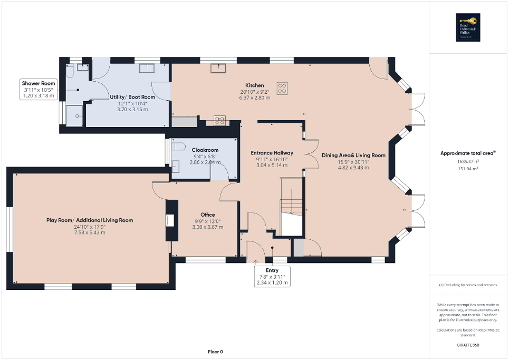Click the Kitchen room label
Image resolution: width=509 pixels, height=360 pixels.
(x=254, y=85)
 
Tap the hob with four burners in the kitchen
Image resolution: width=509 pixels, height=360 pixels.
(x=283, y=88)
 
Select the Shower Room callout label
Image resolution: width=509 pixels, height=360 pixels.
(x=38, y=83)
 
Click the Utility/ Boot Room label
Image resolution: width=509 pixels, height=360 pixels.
(x=136, y=97)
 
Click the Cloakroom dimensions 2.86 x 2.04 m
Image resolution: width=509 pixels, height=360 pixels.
(x=205, y=162)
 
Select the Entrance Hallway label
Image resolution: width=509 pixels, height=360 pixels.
(x=272, y=153)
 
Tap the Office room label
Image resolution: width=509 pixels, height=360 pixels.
(x=207, y=215)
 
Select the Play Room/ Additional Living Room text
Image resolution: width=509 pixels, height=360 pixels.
(x=90, y=220)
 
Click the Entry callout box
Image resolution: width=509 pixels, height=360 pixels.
(x=272, y=276)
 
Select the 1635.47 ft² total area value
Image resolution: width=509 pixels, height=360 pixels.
(x=468, y=162)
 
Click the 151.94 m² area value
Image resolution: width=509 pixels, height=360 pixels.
(x=468, y=169)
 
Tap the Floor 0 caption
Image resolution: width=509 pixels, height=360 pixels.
(x=215, y=352)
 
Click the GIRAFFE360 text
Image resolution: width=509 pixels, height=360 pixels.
(x=468, y=345)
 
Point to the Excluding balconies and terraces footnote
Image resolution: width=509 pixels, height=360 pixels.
(x=468, y=285)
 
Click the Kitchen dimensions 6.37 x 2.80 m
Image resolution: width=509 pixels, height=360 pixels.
(x=254, y=98)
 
